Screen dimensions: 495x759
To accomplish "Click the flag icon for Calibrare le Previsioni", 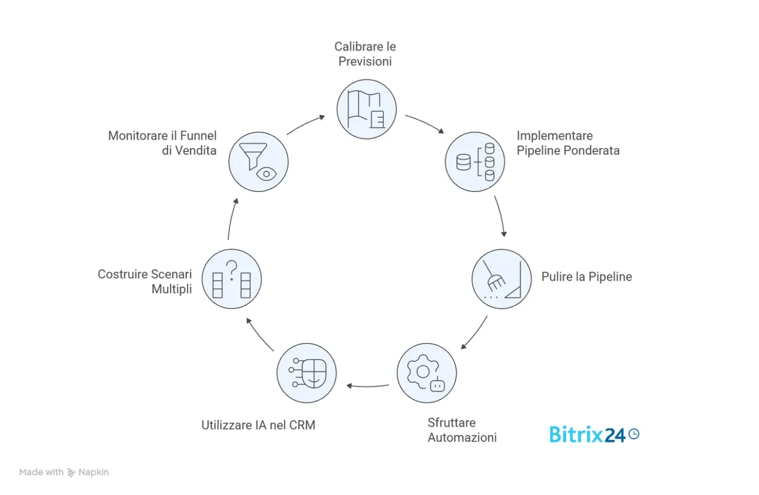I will pyautogui.click(x=367, y=108).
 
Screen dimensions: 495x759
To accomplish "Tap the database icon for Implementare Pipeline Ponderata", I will pyautogui.click(x=475, y=162).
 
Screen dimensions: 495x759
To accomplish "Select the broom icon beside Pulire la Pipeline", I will pyautogui.click(x=501, y=279).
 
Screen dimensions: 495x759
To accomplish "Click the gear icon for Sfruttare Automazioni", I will pyautogui.click(x=426, y=373).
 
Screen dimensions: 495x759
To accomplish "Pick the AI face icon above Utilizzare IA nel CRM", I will pyautogui.click(x=306, y=373).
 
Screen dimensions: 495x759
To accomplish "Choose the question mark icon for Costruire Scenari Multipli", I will pyautogui.click(x=232, y=279).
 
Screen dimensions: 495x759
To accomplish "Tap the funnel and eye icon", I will pyautogui.click(x=258, y=161).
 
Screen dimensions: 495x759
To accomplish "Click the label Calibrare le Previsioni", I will pyautogui.click(x=365, y=54).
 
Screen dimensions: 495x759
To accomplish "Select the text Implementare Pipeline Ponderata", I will pyautogui.click(x=568, y=143).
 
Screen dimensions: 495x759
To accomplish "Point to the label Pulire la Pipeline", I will pyautogui.click(x=587, y=277).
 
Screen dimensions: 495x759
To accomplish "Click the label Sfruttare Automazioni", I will pyautogui.click(x=462, y=430).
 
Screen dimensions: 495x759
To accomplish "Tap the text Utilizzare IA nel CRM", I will pyautogui.click(x=258, y=425).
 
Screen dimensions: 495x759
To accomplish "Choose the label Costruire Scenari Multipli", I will pyautogui.click(x=145, y=282).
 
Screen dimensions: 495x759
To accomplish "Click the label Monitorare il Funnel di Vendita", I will pyautogui.click(x=162, y=143).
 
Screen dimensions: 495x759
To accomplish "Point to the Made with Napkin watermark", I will pyautogui.click(x=64, y=472).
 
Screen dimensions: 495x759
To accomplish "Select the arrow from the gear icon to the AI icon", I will pyautogui.click(x=368, y=385).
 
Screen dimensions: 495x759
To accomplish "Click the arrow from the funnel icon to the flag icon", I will pyautogui.click(x=305, y=124).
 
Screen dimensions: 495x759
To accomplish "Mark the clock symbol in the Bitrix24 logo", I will pyautogui.click(x=633, y=434).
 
